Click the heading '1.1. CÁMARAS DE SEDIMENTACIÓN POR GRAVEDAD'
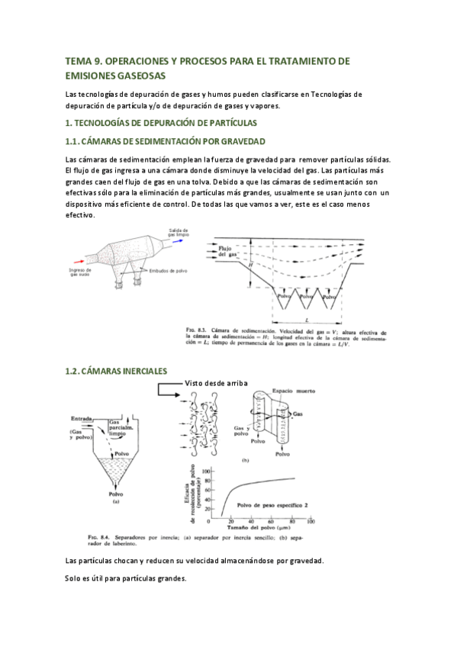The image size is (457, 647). point(165,142)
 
